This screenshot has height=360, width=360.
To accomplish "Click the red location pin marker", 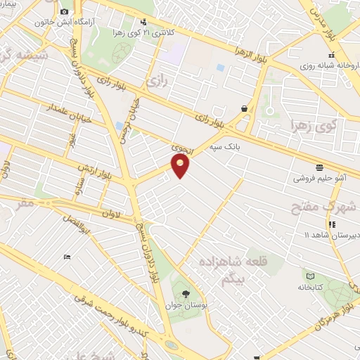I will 181,165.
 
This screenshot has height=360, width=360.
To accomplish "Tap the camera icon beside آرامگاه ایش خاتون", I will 65,12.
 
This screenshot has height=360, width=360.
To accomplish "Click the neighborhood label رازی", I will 155,83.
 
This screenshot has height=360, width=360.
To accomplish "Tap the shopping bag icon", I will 244,108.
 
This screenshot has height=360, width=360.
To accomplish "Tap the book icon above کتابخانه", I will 309,275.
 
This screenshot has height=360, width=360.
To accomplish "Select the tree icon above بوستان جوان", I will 186,293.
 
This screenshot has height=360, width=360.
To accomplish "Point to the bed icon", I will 67,257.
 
